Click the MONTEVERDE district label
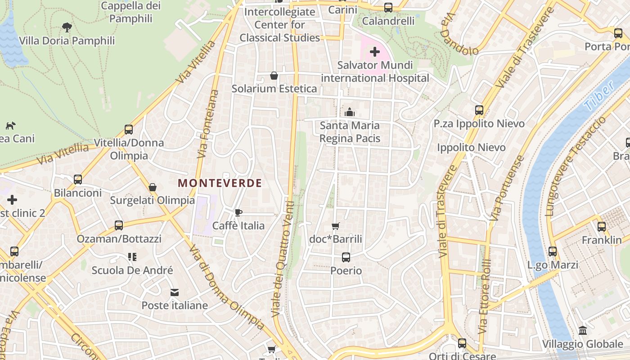click(x=220, y=183)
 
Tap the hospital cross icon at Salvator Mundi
click(x=374, y=52)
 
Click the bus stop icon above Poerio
click(x=346, y=257)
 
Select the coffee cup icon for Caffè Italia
click(x=238, y=212)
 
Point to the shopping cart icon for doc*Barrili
click(x=335, y=226)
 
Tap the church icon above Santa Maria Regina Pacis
click(x=349, y=112)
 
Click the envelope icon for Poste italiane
click(x=175, y=292)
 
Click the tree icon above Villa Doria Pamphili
click(x=67, y=27)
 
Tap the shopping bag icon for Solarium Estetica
click(x=274, y=76)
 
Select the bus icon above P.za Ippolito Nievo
click(x=479, y=110)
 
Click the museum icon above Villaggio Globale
click(x=582, y=331)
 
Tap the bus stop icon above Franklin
click(x=601, y=227)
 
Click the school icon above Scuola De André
click(x=132, y=257)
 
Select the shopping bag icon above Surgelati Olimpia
click(x=153, y=187)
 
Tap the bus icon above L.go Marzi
click(x=552, y=252)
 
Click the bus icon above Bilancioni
click(x=78, y=180)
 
